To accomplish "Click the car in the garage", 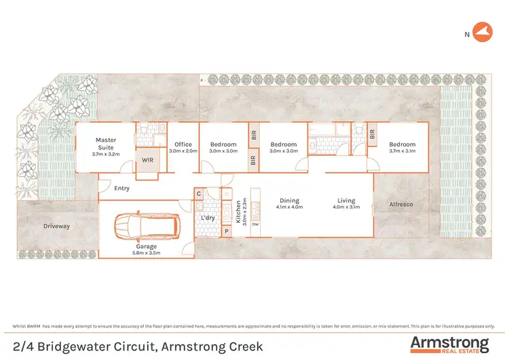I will point(147,226).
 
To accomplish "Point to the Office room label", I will point(183,144).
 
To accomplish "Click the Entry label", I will point(122,189).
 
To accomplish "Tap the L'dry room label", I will point(208,218).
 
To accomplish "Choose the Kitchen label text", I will point(238,211).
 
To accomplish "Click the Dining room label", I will point(290,200).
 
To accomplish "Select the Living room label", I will point(346,200).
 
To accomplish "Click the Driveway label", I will point(56,226).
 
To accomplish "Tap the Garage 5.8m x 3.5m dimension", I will point(146,253).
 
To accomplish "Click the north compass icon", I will point(481,32).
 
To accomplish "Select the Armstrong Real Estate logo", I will point(449,344).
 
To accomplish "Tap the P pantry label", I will point(226,231).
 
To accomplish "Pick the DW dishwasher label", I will point(255,224).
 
